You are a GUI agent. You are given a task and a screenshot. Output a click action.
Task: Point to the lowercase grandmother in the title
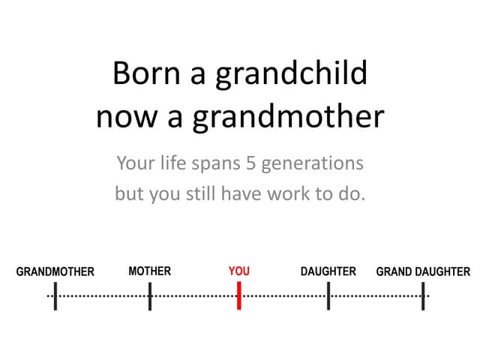[289, 118]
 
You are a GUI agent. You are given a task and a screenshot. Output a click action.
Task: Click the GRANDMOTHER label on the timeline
[55, 271]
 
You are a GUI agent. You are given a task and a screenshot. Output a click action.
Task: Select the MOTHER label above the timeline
[149, 271]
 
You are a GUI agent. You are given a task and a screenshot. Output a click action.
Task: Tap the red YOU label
[238, 271]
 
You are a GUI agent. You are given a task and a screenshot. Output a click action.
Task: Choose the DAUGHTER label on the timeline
[328, 271]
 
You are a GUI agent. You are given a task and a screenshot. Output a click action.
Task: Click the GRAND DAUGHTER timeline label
[423, 271]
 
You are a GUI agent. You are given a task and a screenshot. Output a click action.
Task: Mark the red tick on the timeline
[238, 296]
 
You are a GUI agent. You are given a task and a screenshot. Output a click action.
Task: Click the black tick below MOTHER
[149, 296]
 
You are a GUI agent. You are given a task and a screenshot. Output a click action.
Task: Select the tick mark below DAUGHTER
[328, 296]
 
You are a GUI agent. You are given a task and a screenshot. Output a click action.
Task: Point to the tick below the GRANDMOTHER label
[55, 296]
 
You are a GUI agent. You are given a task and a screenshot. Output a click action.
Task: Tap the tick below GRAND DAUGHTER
[423, 296]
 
